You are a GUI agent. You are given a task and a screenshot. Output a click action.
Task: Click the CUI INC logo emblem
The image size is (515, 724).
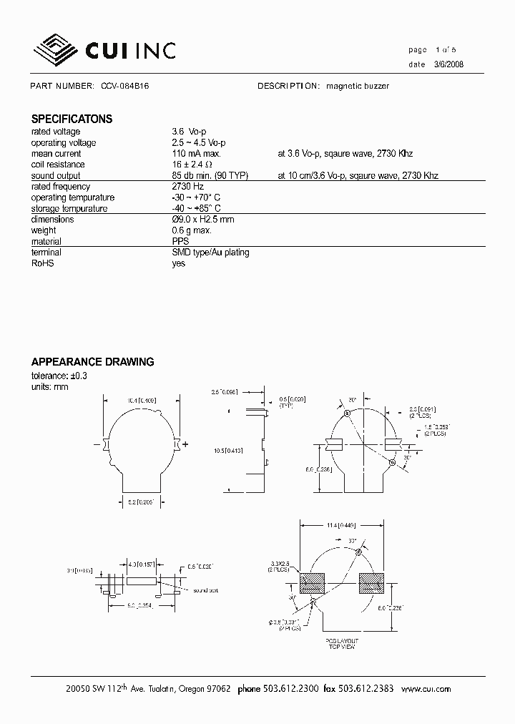57,49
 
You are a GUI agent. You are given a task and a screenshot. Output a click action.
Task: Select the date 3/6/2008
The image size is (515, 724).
448,64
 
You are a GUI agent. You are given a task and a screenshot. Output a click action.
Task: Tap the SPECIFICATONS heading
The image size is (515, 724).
72,119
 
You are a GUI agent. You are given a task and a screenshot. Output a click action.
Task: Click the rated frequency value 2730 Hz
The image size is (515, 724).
188,187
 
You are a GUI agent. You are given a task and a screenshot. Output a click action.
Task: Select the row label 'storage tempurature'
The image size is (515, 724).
69,209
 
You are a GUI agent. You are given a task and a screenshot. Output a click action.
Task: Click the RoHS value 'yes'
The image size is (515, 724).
179,263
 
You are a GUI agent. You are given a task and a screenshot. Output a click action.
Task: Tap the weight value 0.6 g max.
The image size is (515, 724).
192,230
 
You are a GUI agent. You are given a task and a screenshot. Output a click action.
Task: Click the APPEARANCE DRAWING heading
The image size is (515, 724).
92,362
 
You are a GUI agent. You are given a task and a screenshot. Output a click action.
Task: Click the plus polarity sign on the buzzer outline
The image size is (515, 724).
186,444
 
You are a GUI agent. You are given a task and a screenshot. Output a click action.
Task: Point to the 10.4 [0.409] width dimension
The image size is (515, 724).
139,401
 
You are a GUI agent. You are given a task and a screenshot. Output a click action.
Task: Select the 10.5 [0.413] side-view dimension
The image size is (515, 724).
227,451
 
